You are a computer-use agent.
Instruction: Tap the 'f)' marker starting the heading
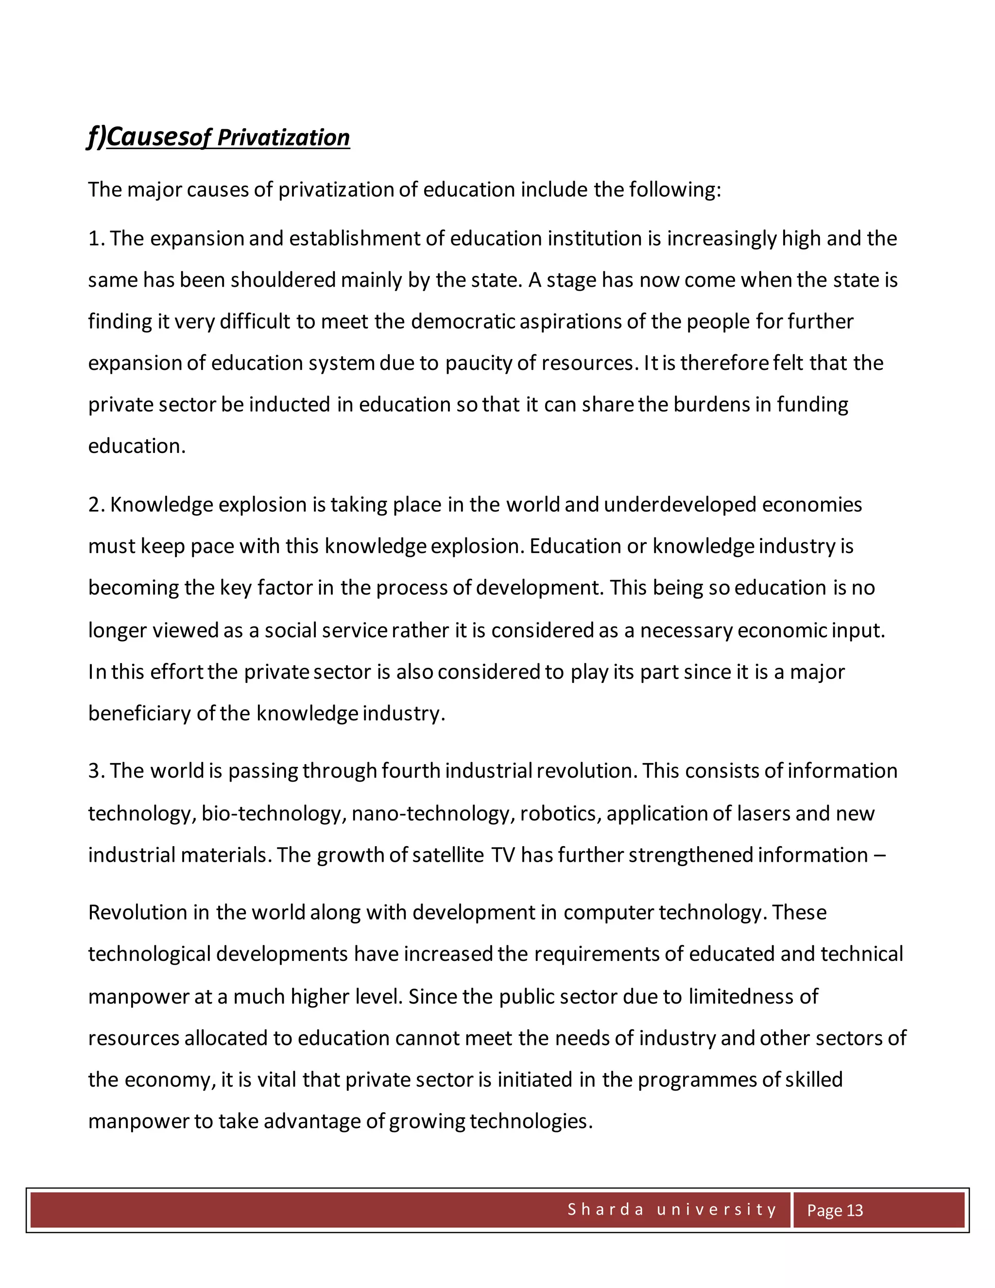point(97,137)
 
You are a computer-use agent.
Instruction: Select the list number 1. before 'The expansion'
point(96,239)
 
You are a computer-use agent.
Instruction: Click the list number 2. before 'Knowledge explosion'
point(97,505)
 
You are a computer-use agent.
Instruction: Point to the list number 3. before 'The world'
point(97,771)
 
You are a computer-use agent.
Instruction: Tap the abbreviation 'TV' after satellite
point(503,855)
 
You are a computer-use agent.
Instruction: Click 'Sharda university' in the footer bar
point(672,1210)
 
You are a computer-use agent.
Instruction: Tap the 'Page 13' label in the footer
point(834,1211)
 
